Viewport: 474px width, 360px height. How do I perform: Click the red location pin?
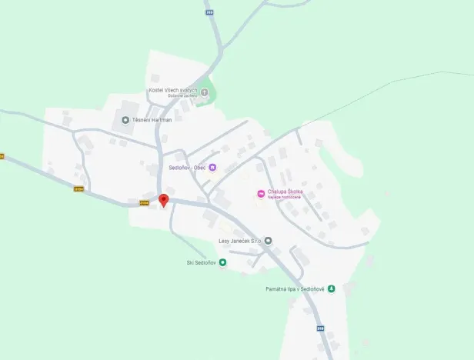163,200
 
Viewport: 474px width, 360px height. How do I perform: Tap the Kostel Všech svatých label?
173,91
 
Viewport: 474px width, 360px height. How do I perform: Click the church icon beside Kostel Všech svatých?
204,92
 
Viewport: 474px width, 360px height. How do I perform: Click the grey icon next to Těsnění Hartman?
125,119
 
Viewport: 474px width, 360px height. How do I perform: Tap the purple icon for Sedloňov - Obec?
213,168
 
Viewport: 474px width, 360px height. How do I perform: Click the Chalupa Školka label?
285,192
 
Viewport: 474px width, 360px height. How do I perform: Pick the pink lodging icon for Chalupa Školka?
261,193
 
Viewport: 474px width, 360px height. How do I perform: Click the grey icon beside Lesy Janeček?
269,241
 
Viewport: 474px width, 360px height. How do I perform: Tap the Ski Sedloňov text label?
201,262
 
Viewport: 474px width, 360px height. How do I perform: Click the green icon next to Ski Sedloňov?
222,262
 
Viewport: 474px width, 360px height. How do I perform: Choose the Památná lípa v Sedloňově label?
291,289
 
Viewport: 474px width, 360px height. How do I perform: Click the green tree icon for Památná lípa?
331,289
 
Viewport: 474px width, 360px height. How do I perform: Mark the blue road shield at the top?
209,12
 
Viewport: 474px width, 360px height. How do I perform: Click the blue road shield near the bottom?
320,328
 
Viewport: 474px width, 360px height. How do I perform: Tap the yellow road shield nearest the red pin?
144,203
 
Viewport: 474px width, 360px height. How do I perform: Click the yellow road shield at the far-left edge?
2,156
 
